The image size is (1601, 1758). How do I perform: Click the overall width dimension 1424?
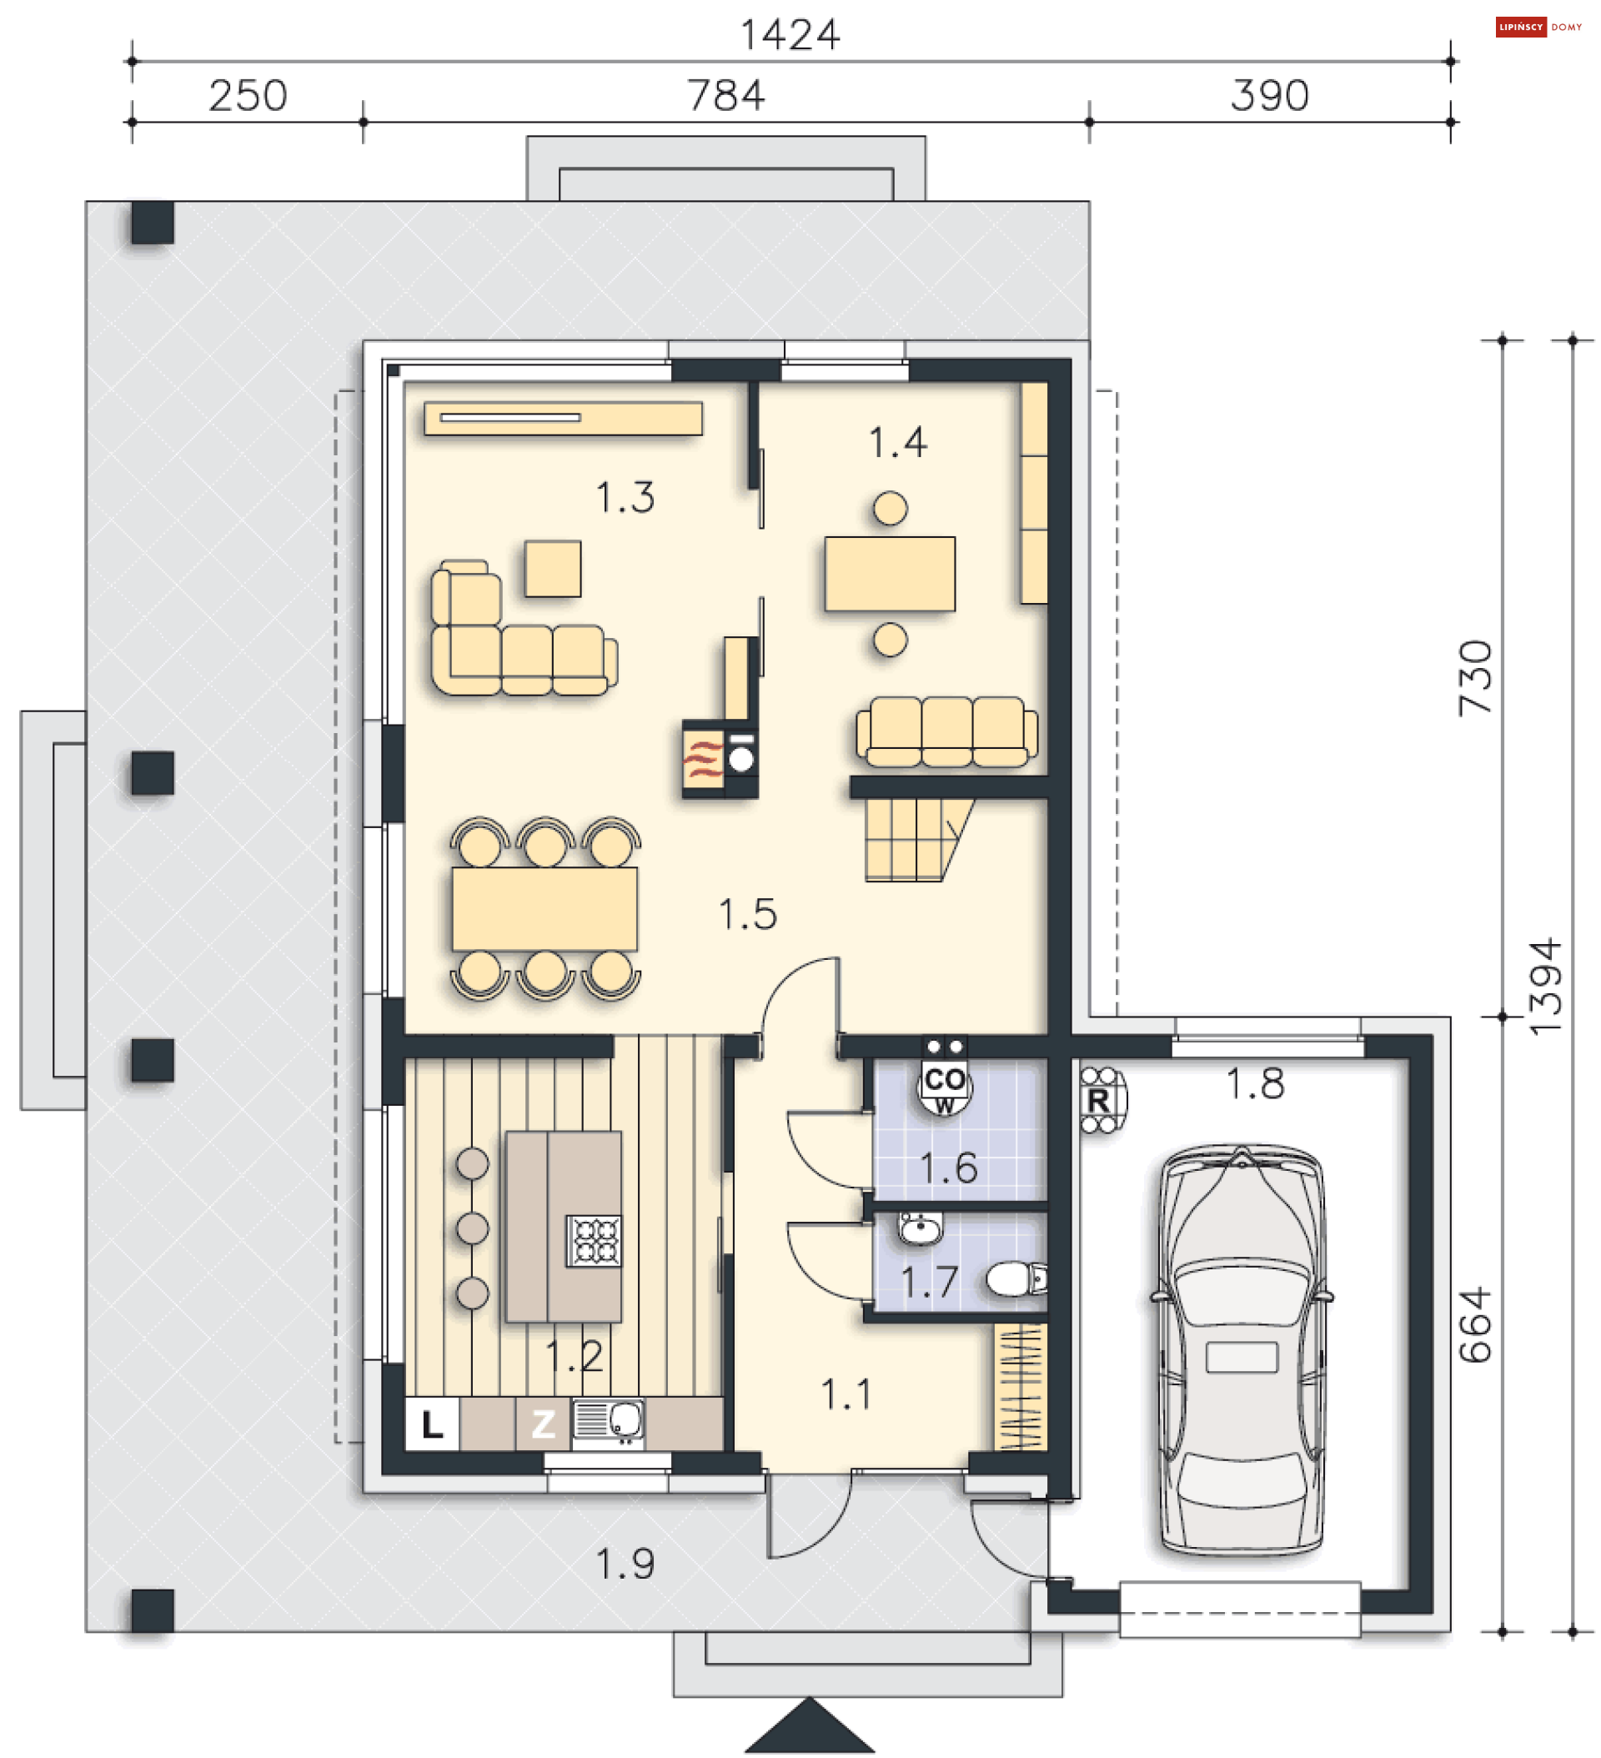[789, 35]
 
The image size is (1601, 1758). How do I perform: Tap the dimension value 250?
[248, 95]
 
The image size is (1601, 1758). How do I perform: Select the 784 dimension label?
[725, 95]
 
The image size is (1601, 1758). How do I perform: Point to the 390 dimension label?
[1269, 95]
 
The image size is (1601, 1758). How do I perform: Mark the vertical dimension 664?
[1475, 1324]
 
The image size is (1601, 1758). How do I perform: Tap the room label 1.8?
[1255, 1084]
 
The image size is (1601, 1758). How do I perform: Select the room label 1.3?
[625, 497]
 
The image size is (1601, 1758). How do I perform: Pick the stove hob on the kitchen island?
[595, 1240]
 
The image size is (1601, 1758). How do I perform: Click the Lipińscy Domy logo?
[1538, 27]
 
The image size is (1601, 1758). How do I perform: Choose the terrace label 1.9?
[625, 1565]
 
